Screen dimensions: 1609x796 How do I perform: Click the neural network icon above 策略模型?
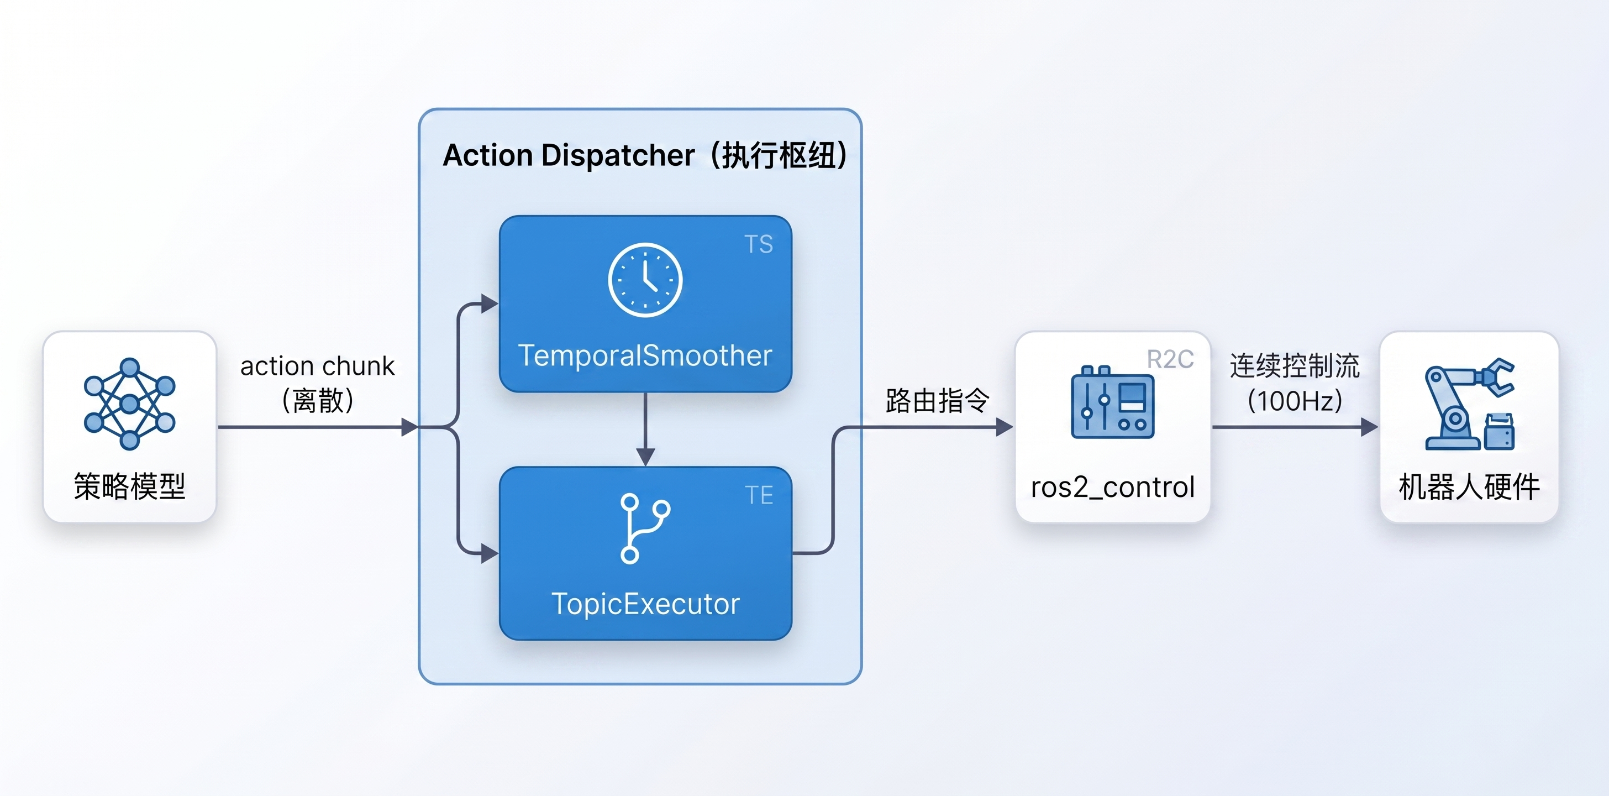[129, 404]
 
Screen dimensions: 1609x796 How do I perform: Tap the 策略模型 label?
[129, 486]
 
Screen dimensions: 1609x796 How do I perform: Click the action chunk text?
[317, 366]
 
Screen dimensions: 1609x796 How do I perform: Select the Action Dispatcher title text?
[645, 155]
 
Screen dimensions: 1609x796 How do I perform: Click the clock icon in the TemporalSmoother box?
[645, 279]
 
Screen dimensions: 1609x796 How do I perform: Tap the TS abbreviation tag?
[758, 244]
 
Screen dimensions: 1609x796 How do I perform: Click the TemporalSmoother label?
[645, 355]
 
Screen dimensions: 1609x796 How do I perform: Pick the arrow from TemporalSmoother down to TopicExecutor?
[645, 430]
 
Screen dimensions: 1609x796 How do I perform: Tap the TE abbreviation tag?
[759, 495]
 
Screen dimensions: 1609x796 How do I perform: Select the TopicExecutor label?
[645, 604]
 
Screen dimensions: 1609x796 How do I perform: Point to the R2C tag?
[1170, 359]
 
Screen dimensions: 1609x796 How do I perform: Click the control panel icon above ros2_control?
[1112, 402]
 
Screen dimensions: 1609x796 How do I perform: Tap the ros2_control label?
[1112, 488]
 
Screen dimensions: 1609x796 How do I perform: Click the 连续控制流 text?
[1294, 366]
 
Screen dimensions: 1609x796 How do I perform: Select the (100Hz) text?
[1294, 401]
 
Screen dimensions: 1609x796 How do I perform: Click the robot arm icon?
[1469, 404]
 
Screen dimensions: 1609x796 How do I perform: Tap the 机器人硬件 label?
[1469, 487]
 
